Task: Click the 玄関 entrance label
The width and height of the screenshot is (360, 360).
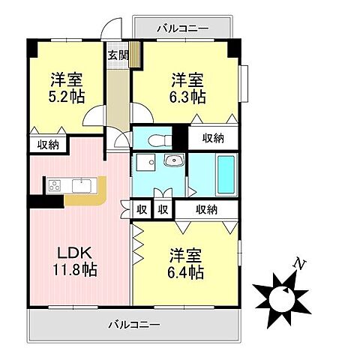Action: click(x=116, y=54)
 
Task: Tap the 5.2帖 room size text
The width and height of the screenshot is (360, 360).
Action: click(x=67, y=97)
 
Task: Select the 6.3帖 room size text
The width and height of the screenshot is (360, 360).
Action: click(x=187, y=97)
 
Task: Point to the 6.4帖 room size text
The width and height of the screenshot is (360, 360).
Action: click(x=186, y=273)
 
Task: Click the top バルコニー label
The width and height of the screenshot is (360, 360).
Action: click(x=183, y=28)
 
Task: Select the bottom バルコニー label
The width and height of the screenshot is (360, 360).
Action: click(x=133, y=325)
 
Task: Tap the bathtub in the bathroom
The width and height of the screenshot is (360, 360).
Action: click(x=226, y=174)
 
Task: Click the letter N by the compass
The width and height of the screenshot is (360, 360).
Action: click(x=300, y=264)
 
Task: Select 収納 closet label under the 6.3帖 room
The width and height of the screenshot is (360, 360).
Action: click(x=212, y=137)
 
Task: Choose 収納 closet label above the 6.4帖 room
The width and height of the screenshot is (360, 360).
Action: click(x=206, y=210)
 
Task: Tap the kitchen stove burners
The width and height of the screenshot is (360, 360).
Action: click(x=55, y=185)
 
